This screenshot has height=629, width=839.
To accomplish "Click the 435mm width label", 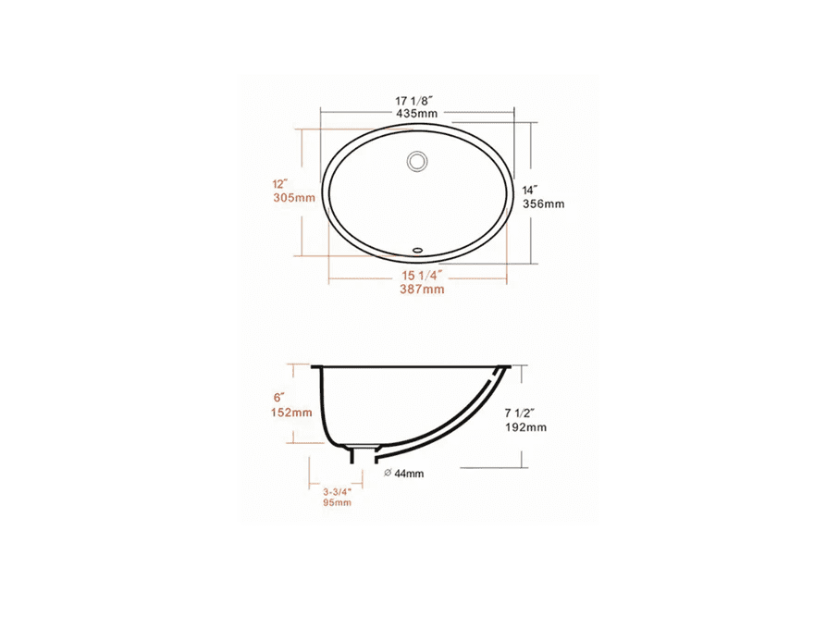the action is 417,114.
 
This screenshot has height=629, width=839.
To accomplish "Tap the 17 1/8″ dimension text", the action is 413,101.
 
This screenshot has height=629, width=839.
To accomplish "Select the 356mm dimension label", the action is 544,203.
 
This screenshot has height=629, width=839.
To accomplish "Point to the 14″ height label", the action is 530,190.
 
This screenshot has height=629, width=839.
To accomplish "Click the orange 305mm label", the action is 294,197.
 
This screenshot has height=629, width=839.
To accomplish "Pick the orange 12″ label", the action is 280,184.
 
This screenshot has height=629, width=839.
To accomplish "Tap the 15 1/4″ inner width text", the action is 422,276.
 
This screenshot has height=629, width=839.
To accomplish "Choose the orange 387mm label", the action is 422,290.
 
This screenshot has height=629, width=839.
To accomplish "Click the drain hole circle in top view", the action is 417,161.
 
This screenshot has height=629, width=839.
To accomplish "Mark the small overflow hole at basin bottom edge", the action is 417,249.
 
